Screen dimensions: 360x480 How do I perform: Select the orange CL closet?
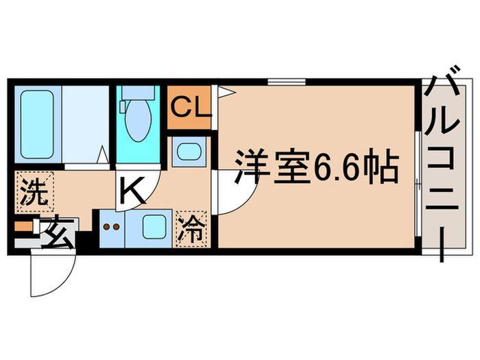(x=189, y=107)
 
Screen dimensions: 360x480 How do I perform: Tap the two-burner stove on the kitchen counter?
(x=110, y=226)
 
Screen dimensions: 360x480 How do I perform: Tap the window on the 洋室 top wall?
(x=287, y=82)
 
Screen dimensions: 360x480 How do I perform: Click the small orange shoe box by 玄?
(x=23, y=226)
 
